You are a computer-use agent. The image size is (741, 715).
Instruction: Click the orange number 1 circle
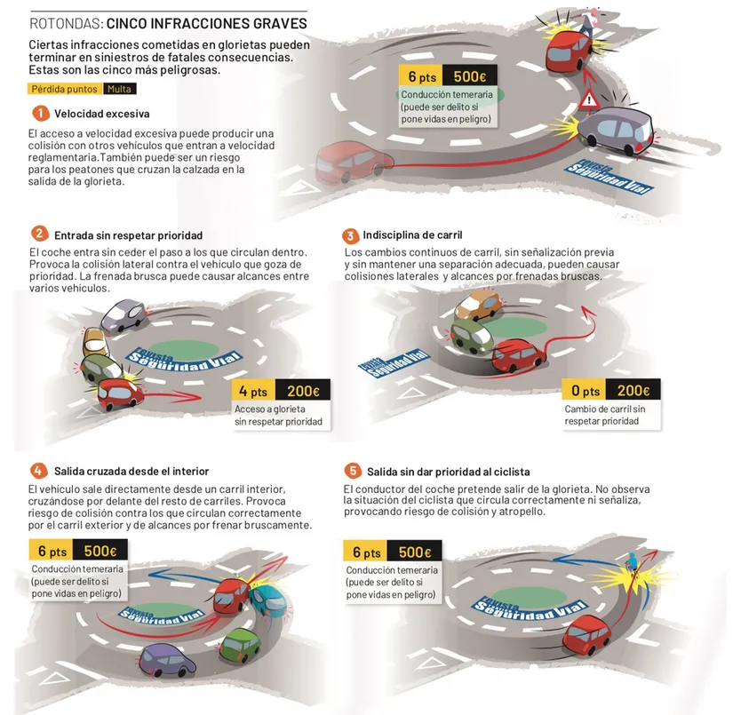[41, 114]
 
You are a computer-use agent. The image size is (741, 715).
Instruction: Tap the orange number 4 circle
[39, 471]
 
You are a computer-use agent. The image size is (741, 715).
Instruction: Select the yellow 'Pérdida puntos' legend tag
[65, 89]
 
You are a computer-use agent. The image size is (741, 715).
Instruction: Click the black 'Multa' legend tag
[119, 89]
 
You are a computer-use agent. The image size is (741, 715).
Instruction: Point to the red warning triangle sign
[589, 99]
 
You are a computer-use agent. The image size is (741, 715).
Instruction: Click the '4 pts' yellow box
[253, 391]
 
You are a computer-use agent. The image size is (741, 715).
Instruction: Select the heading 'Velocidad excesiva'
[101, 114]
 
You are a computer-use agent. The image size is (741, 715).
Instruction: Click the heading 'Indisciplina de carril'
[412, 234]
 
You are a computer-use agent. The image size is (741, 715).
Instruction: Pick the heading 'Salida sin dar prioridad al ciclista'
[449, 472]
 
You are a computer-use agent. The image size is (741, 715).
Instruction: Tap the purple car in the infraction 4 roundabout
[167, 660]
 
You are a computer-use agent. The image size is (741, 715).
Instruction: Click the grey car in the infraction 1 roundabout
[616, 130]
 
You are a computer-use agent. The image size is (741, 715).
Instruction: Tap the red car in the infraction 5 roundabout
[586, 633]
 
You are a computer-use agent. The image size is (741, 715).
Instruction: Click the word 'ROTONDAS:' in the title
[66, 24]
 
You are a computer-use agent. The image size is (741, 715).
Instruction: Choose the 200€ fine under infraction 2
[303, 391]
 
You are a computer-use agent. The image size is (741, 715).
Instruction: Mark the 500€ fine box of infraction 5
[414, 552]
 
